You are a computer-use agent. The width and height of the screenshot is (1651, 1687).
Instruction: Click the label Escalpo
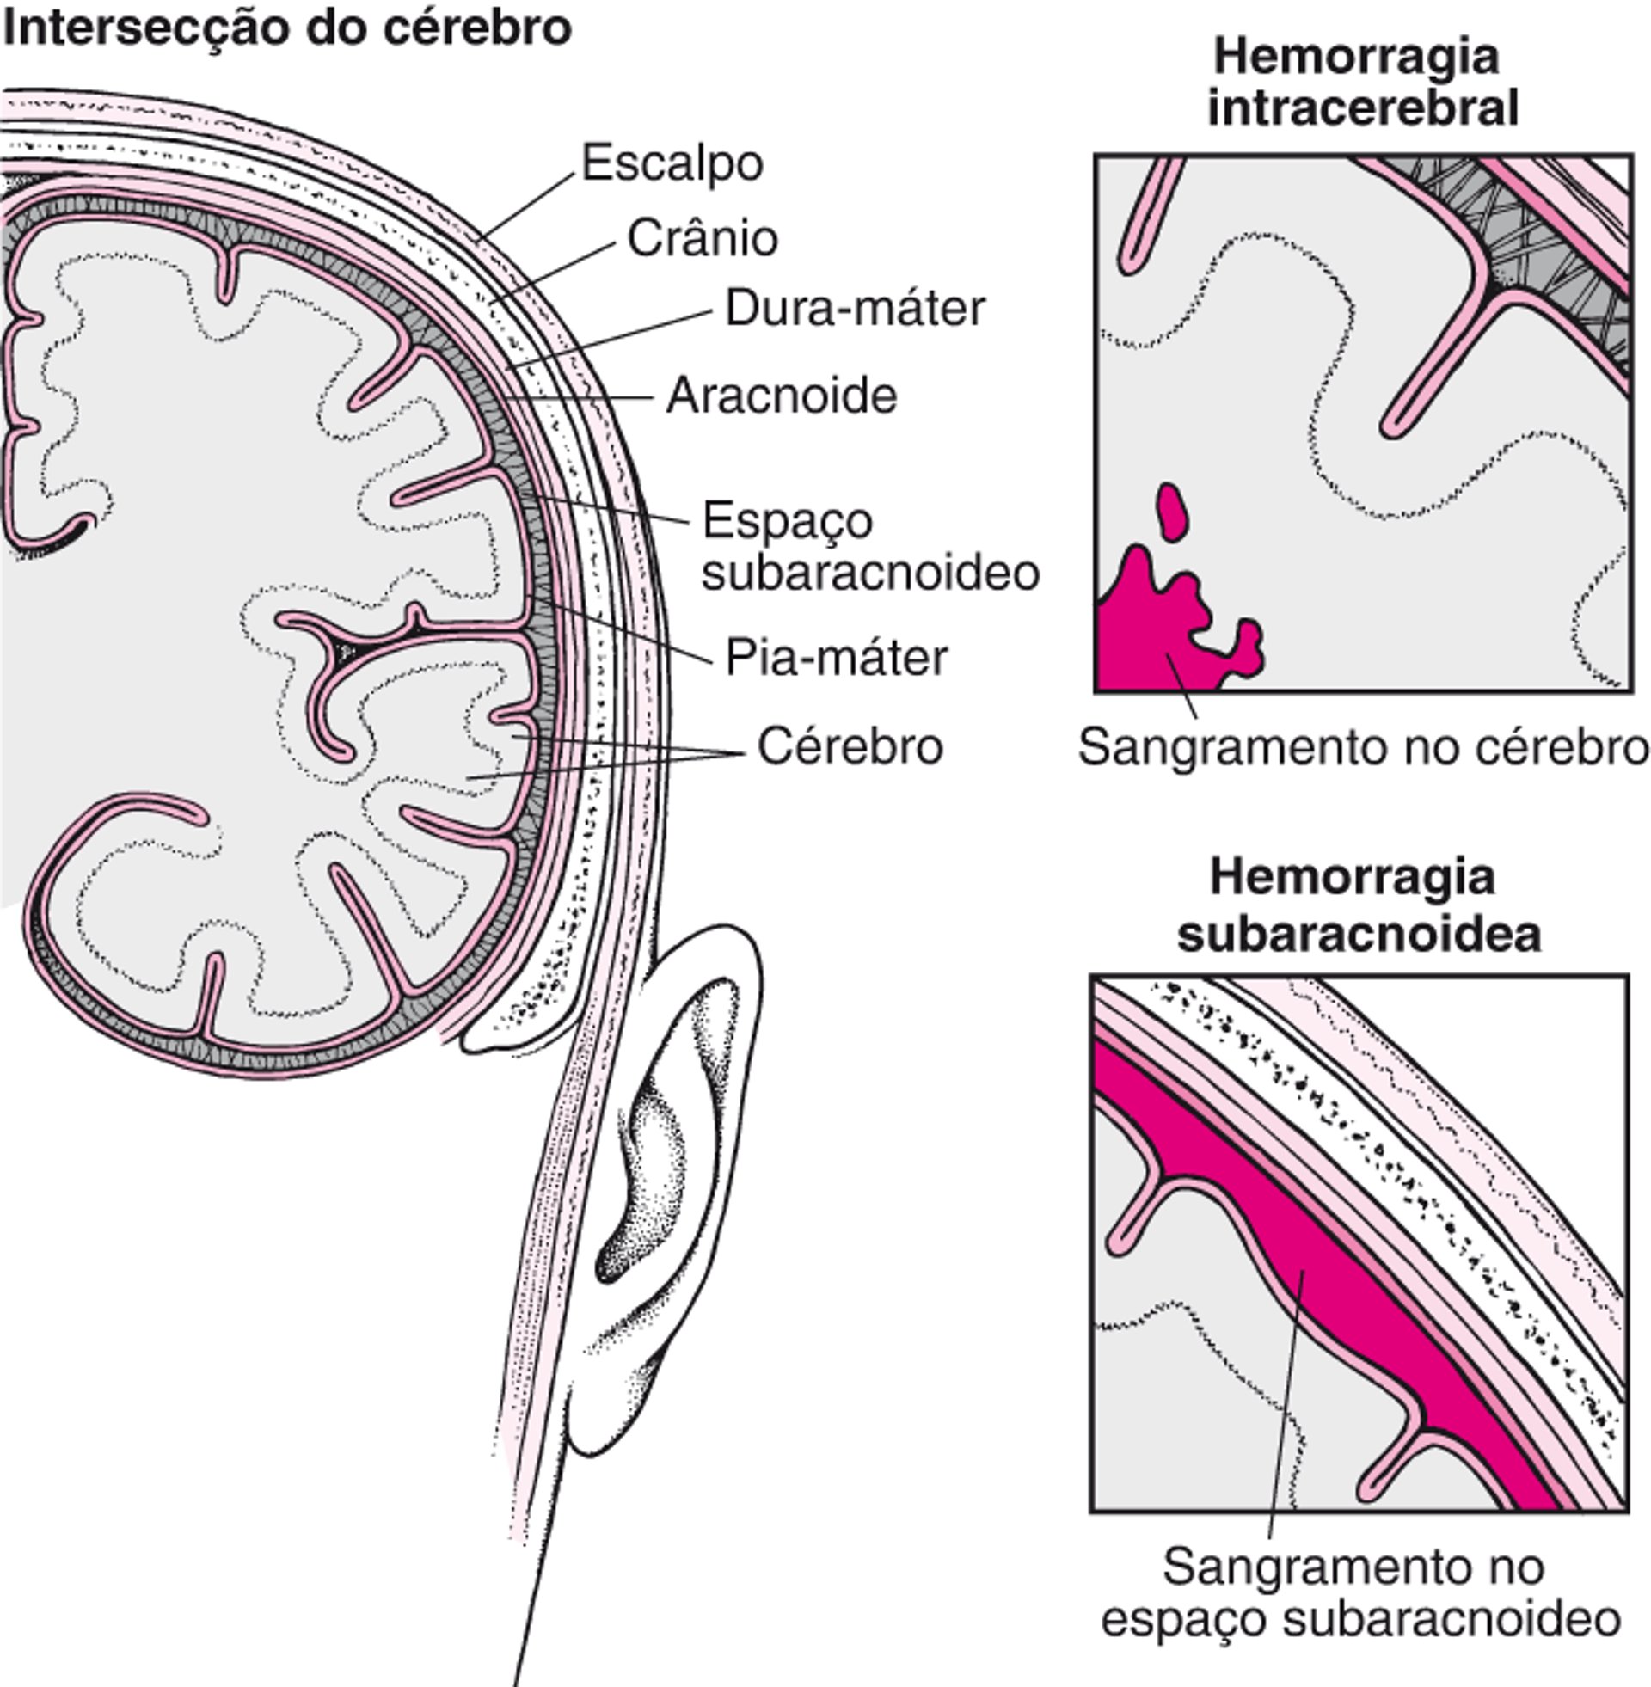point(672,164)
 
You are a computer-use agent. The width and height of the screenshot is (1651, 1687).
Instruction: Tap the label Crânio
point(703,238)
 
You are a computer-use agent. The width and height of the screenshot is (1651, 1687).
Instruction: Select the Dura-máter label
point(855,309)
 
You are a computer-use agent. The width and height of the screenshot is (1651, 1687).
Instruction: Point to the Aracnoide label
point(782,396)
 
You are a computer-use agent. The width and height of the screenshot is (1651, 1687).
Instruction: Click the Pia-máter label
point(836,657)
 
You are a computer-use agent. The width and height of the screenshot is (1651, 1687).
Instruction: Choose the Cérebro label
point(850,746)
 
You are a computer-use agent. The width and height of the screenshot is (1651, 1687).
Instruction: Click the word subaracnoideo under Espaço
point(869,573)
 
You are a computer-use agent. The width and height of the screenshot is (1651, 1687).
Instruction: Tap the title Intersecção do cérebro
point(287,28)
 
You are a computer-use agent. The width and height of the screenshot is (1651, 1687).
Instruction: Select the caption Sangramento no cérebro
point(1362,746)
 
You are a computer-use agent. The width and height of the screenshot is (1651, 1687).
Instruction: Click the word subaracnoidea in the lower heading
point(1358,935)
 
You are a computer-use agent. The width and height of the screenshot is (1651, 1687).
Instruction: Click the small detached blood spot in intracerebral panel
point(1172,512)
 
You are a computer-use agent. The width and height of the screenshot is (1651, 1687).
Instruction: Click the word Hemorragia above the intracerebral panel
point(1356,58)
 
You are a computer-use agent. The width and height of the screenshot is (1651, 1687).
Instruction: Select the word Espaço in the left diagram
point(788,522)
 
